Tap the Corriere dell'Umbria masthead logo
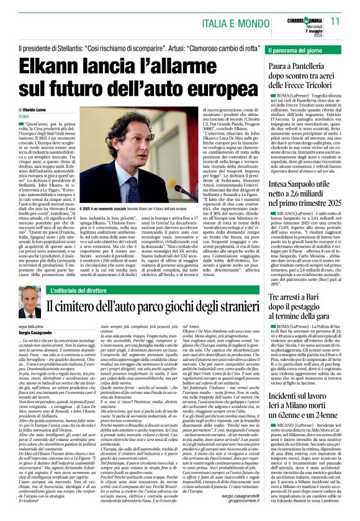click(305, 14)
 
